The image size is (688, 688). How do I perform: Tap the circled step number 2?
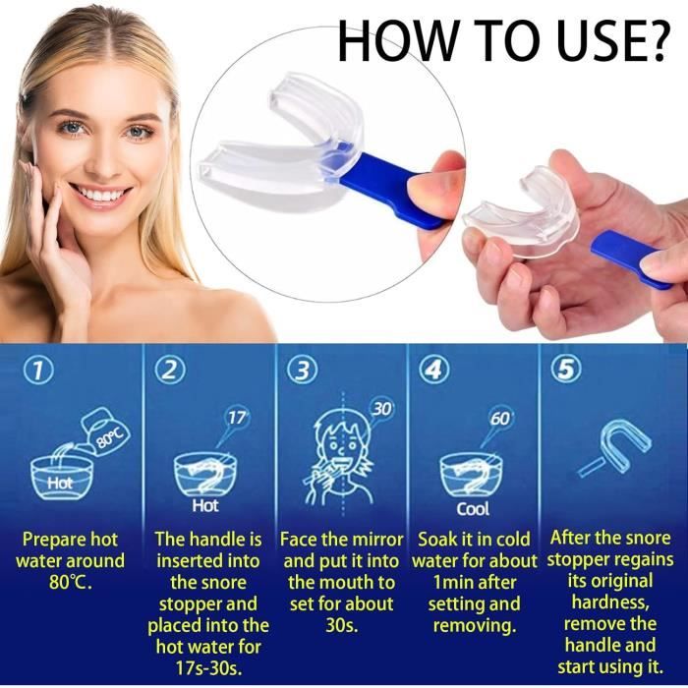tap(172, 370)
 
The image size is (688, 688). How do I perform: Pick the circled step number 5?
tap(564, 370)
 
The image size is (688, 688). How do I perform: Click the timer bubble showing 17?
tap(236, 418)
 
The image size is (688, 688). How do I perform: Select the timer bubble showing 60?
tap(500, 419)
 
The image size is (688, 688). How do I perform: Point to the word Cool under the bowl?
tap(473, 509)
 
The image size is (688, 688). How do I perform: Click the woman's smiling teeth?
tap(100, 194)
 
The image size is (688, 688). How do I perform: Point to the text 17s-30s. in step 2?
tap(207, 668)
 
